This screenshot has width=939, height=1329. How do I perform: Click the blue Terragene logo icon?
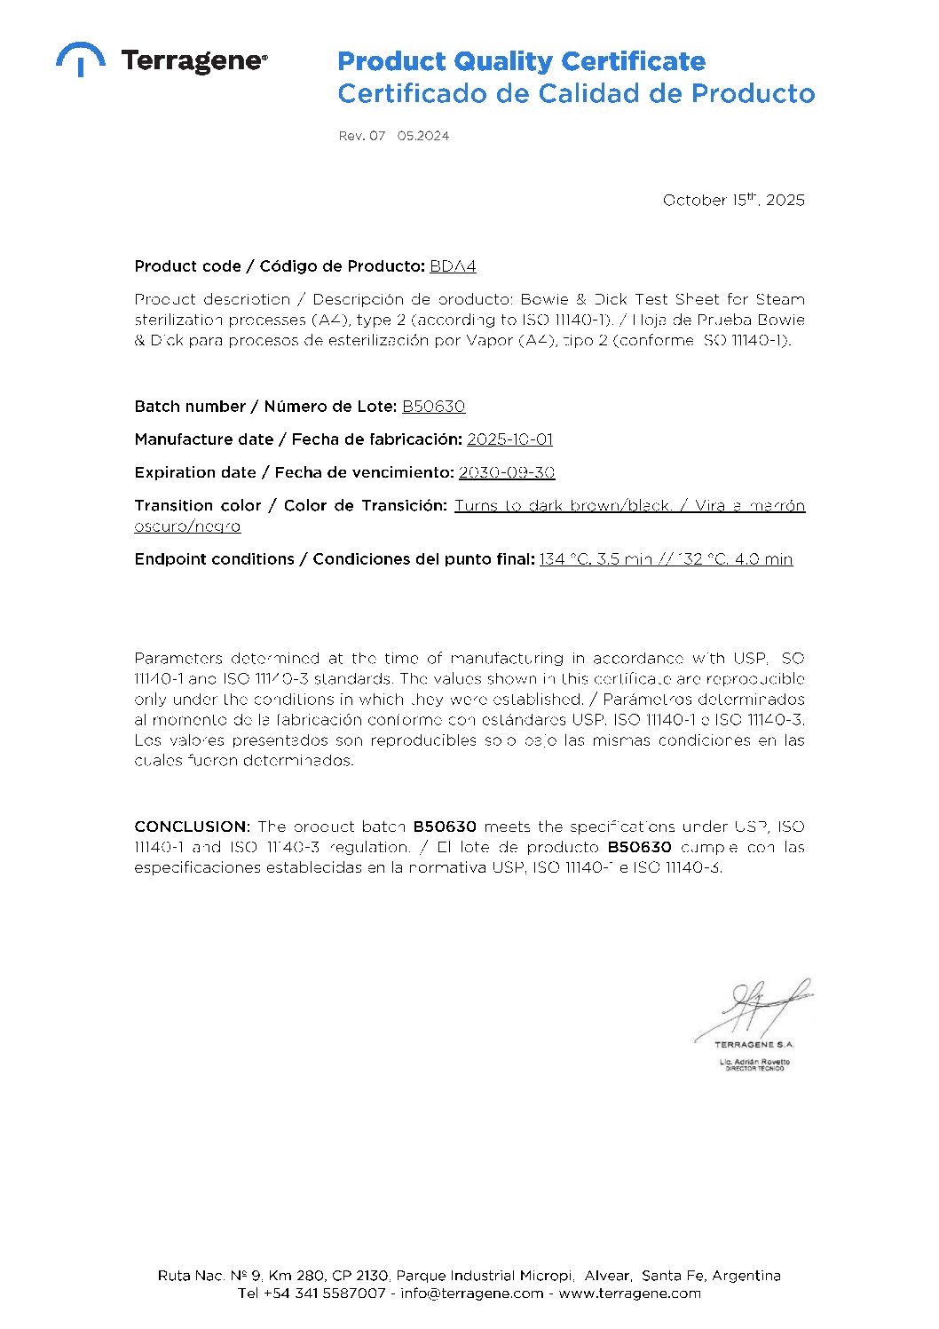(x=80, y=59)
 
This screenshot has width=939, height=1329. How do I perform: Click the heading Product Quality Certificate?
(x=521, y=61)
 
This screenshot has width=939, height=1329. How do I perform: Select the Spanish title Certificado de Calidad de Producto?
(x=576, y=93)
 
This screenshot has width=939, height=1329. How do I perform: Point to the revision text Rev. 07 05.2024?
(x=393, y=136)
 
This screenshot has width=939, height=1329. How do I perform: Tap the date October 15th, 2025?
(x=733, y=200)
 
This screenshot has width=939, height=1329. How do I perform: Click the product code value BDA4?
(x=453, y=266)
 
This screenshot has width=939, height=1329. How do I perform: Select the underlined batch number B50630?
(x=433, y=407)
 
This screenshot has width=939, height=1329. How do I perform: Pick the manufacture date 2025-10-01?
(x=509, y=439)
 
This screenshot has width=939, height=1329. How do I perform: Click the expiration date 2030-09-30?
(x=506, y=472)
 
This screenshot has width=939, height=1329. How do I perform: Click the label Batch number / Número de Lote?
(x=264, y=407)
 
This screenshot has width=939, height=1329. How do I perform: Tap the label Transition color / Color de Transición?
(x=290, y=505)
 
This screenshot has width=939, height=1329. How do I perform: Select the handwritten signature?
(x=762, y=1007)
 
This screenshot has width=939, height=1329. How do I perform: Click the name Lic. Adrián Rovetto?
(x=754, y=1062)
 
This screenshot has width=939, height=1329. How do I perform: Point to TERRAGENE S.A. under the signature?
(x=754, y=1045)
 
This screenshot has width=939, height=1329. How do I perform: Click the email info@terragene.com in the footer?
(x=471, y=1293)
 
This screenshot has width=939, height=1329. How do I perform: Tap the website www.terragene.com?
(x=629, y=1293)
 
